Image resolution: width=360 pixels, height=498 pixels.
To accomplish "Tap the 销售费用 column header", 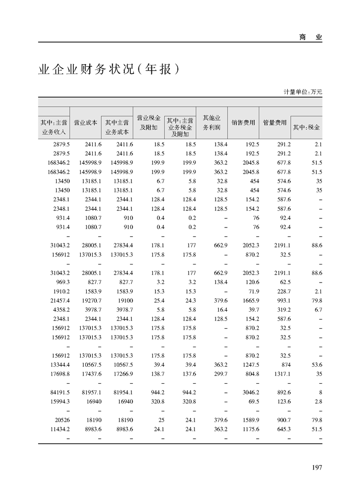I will coord(243,122).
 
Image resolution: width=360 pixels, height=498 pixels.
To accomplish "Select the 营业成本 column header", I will coord(85,122).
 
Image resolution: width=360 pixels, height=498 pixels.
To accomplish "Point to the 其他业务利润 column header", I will coord(212,122).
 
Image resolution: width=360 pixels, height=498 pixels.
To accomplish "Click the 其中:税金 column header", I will coord(306,127).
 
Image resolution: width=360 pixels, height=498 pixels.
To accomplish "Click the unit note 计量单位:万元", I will coord(303,92).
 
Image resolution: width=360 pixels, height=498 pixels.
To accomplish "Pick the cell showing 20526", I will coord(62,420).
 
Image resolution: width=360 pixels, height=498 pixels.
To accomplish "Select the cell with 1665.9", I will coord(250,300).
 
